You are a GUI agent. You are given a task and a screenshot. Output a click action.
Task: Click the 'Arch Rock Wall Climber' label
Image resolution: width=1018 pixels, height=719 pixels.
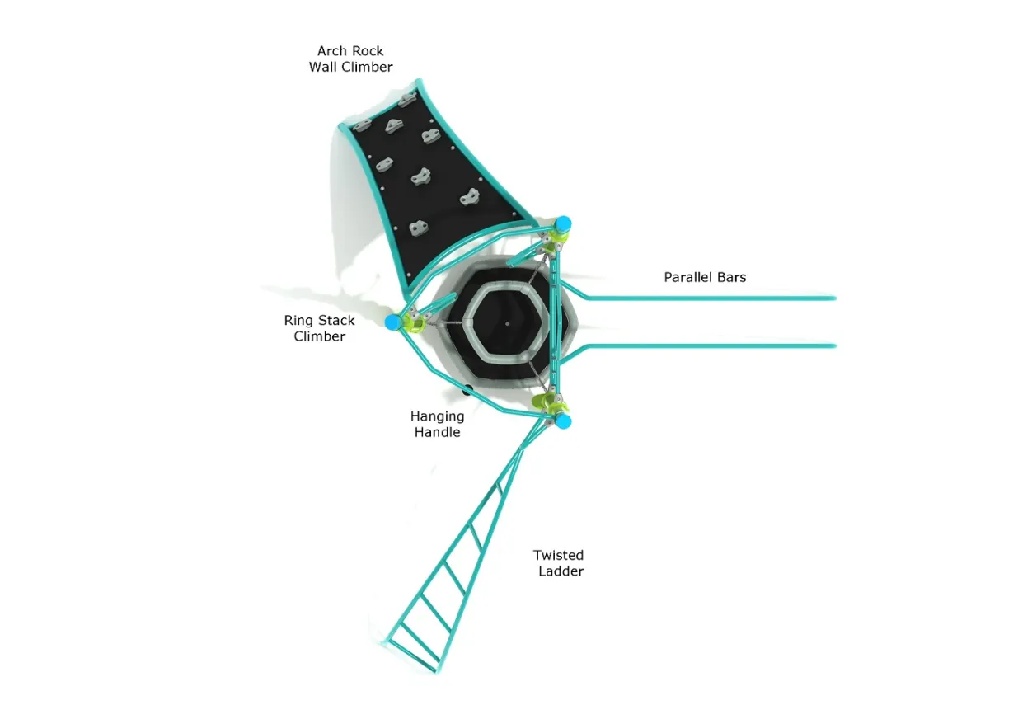[x=350, y=59]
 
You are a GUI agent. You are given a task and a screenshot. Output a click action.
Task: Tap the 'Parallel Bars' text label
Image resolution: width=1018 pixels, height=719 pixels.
[x=705, y=277]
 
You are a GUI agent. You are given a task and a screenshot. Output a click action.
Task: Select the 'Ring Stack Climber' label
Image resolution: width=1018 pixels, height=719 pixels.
[x=319, y=328]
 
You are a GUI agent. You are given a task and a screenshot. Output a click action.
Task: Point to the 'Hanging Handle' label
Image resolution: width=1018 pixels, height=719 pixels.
[x=437, y=424]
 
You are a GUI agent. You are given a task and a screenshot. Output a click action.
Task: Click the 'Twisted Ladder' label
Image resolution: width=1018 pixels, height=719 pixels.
[x=559, y=562]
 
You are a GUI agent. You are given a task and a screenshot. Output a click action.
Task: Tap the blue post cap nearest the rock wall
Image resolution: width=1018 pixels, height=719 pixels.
[x=563, y=224]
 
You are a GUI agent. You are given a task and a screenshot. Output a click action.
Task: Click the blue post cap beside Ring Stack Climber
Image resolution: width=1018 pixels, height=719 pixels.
[x=392, y=322]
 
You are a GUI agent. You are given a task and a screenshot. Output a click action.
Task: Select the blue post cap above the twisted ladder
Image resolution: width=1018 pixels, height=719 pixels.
[x=563, y=421]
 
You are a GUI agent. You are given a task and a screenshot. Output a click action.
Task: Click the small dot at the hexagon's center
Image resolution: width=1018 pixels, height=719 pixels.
[x=507, y=323]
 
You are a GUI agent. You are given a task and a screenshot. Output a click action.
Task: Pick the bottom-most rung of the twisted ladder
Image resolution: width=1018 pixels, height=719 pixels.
[x=413, y=656]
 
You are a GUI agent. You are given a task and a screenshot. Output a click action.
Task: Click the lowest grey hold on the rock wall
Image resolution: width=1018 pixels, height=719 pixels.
[x=418, y=228]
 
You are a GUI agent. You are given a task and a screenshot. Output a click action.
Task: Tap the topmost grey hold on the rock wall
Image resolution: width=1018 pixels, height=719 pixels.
[x=407, y=99]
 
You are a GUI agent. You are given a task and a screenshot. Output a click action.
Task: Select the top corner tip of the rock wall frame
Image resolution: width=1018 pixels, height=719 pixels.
[x=419, y=81]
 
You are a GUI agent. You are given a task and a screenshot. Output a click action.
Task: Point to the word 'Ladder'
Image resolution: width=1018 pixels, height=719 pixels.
[x=561, y=571]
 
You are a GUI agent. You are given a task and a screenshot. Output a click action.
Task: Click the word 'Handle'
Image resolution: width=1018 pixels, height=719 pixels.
[x=437, y=432]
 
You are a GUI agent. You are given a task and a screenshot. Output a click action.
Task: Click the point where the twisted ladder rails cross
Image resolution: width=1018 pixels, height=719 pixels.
[x=521, y=449]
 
